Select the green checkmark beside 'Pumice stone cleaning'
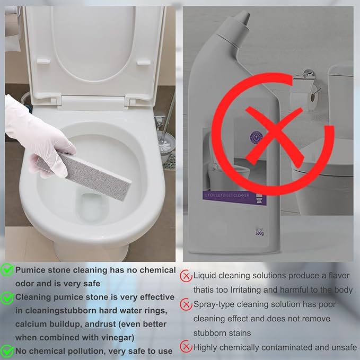(x=7, y=270)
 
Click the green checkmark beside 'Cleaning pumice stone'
(x=7, y=297)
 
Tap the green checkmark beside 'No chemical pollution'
(x=7, y=350)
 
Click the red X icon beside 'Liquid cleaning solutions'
(x=186, y=276)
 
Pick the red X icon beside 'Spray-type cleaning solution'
(x=186, y=305)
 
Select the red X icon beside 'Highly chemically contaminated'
(x=186, y=347)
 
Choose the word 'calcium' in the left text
(x=31, y=323)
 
